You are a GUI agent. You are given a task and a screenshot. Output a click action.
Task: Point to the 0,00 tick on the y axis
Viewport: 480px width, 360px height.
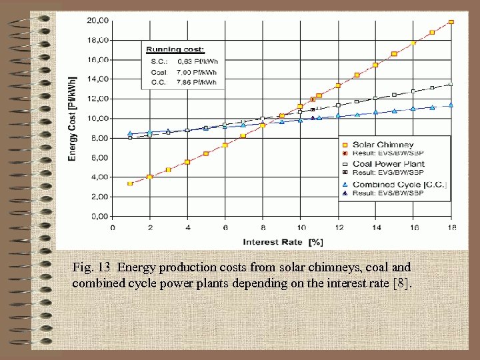coord(99,217)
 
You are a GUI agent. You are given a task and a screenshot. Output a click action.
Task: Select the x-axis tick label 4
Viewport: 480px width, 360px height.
coord(187,228)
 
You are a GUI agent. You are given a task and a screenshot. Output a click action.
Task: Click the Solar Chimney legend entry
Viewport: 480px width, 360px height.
coord(383,145)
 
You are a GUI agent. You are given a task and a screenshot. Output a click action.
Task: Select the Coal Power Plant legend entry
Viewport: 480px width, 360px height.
coord(388,164)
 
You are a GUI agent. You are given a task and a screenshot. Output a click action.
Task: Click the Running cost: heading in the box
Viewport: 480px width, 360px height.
coord(175,50)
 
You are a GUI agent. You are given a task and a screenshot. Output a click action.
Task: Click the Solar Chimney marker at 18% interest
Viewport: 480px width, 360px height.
coord(451,22)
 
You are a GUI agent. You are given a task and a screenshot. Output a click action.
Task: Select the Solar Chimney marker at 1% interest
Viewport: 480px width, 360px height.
coord(130,183)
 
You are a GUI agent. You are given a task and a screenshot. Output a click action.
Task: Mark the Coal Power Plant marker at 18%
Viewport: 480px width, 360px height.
coord(451,84)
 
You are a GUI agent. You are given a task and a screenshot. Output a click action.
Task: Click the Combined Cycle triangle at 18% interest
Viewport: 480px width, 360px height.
coord(451,105)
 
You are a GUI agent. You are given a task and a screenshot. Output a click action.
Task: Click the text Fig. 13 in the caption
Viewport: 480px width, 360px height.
coord(91,267)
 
